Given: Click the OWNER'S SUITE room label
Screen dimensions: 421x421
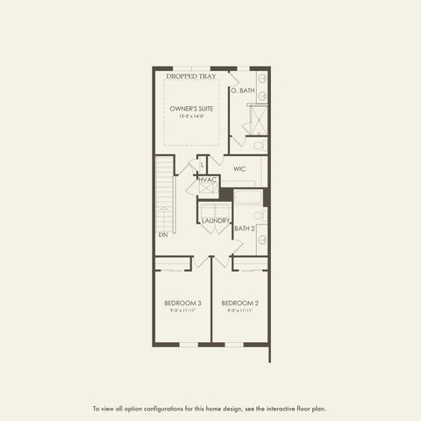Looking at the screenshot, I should [191, 109].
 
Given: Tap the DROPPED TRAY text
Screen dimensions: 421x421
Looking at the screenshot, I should [191, 76].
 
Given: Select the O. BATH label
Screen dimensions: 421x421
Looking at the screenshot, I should [242, 90].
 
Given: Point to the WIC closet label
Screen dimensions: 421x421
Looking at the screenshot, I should [239, 168].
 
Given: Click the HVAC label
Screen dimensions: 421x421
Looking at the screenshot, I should [207, 180].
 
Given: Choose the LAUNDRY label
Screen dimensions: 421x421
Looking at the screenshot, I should [215, 220].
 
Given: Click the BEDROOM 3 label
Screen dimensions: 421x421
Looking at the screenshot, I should [183, 303].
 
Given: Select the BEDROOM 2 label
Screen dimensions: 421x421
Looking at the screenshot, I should [239, 303].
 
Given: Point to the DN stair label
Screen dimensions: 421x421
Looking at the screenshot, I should [163, 235].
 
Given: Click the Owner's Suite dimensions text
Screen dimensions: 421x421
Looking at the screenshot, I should [191, 117].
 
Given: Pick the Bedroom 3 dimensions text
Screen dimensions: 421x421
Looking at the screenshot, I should [183, 310].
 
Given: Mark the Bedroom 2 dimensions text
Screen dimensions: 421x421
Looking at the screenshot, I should [239, 310].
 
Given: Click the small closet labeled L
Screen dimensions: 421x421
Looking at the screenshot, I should [203, 164].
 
